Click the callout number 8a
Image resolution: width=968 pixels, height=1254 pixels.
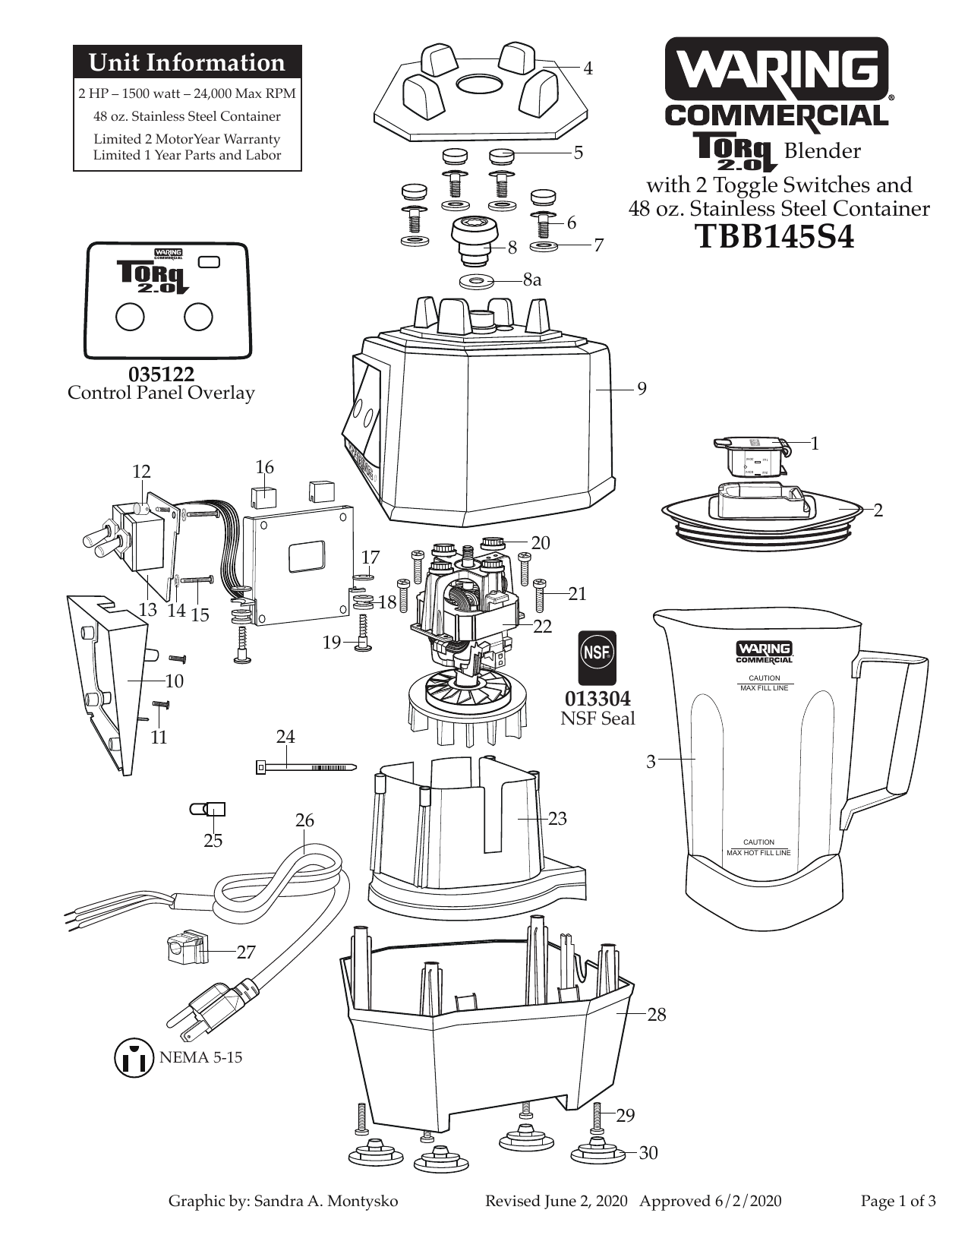(x=532, y=280)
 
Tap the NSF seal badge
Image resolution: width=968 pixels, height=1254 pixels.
(x=597, y=658)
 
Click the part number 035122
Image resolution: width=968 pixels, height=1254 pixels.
(x=162, y=374)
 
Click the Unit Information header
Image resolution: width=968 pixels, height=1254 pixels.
(x=188, y=62)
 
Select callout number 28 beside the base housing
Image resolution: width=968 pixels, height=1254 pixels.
(x=657, y=1015)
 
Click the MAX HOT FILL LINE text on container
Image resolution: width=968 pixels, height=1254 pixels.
(x=758, y=853)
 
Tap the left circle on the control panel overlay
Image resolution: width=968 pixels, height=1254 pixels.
(x=131, y=317)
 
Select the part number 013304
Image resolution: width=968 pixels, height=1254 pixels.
(x=597, y=699)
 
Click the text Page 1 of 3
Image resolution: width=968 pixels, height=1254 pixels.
(x=898, y=1202)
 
